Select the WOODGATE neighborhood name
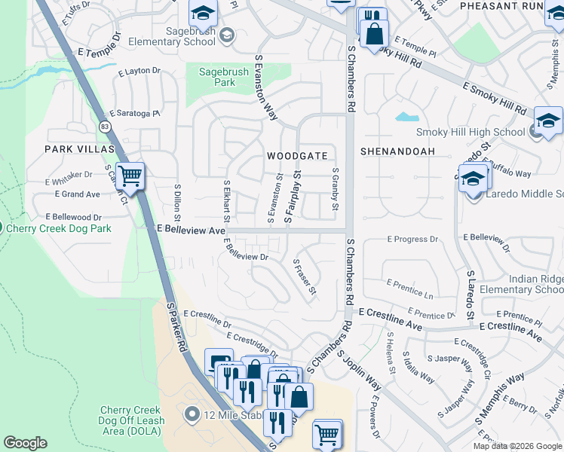click(x=297, y=156)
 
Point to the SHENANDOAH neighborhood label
click(x=397, y=151)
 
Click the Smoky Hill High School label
click(x=481, y=133)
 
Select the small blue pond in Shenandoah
click(x=407, y=118)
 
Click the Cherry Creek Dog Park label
click(x=59, y=228)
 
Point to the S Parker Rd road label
click(x=176, y=331)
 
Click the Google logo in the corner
click(x=25, y=443)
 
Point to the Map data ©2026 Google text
click(x=516, y=446)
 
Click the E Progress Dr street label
click(x=412, y=240)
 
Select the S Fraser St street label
click(x=305, y=276)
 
